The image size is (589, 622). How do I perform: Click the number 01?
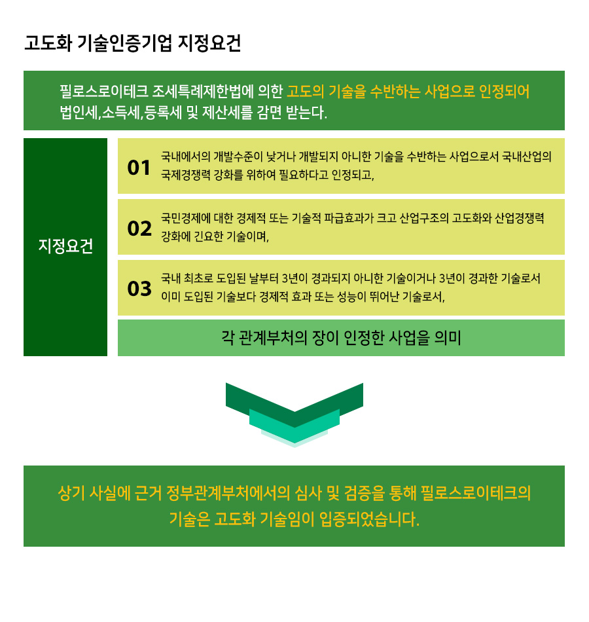(139, 168)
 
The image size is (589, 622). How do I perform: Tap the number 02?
(139, 229)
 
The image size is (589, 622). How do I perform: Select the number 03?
(139, 288)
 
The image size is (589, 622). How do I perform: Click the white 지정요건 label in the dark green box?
(65, 246)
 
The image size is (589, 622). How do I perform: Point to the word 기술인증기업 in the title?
(124, 43)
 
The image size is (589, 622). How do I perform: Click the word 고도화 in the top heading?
(48, 43)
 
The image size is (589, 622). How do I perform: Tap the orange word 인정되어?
(504, 91)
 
